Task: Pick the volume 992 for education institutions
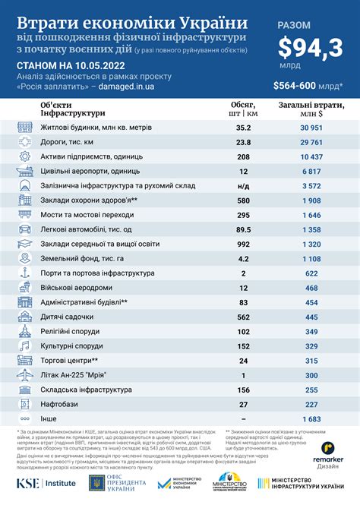(243, 244)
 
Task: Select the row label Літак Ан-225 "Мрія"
(77, 375)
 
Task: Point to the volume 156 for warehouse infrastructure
(243, 390)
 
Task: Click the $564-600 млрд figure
(308, 85)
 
